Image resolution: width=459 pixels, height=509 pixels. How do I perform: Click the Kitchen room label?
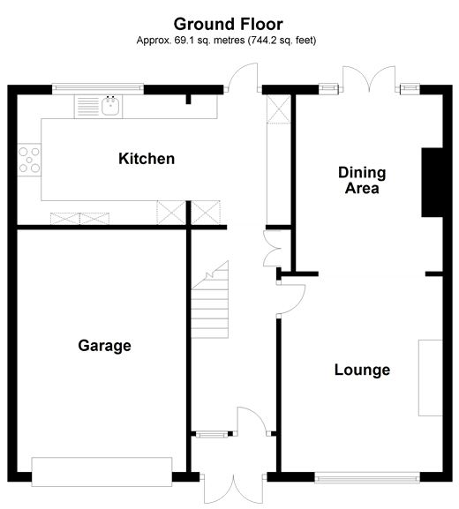coord(147,160)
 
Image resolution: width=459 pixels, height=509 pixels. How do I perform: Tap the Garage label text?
coord(104,346)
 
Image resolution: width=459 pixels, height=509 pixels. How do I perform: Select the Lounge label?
coord(362,370)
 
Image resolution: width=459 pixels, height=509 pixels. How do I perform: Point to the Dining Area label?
coord(359,180)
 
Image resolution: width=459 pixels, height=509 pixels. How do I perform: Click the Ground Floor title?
coord(229,23)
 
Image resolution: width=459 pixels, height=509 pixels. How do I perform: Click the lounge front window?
coord(366,476)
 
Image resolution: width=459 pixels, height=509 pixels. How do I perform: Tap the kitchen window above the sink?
coord(97,87)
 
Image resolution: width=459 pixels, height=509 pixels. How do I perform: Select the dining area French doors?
coord(368,81)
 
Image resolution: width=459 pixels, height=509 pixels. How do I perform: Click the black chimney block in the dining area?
coord(433,183)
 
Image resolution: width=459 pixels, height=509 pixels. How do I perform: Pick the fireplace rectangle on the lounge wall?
coord(430,377)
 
